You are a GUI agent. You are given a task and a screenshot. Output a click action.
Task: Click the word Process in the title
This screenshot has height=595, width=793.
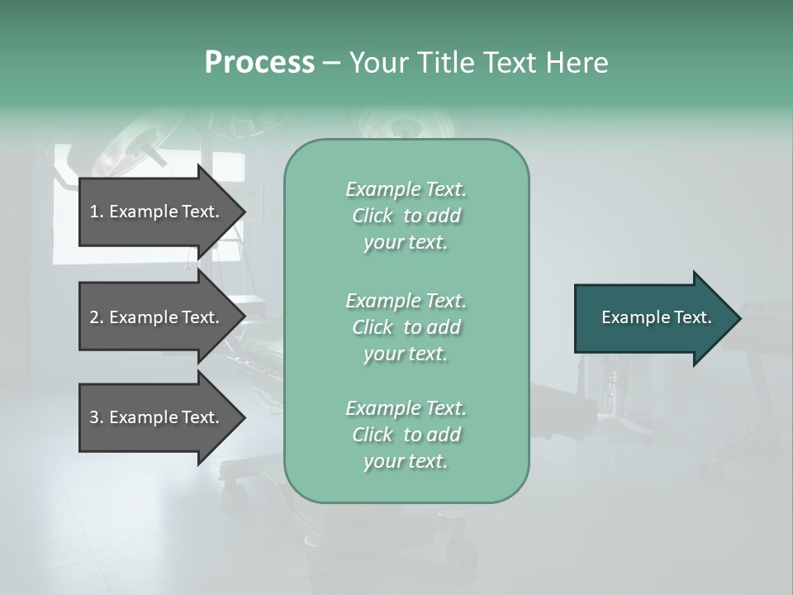259,63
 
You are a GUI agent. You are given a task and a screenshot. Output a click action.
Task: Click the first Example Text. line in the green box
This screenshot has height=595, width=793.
406,189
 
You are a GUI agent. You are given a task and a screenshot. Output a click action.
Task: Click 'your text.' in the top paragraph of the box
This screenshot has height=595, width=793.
406,242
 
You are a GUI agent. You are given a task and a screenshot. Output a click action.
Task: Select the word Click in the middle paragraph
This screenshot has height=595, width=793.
373,327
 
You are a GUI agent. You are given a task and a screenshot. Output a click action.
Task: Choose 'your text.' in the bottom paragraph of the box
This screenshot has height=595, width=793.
406,461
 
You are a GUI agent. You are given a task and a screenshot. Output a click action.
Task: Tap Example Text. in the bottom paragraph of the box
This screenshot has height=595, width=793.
406,408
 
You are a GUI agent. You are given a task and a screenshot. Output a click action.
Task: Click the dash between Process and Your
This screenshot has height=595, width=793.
331,63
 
